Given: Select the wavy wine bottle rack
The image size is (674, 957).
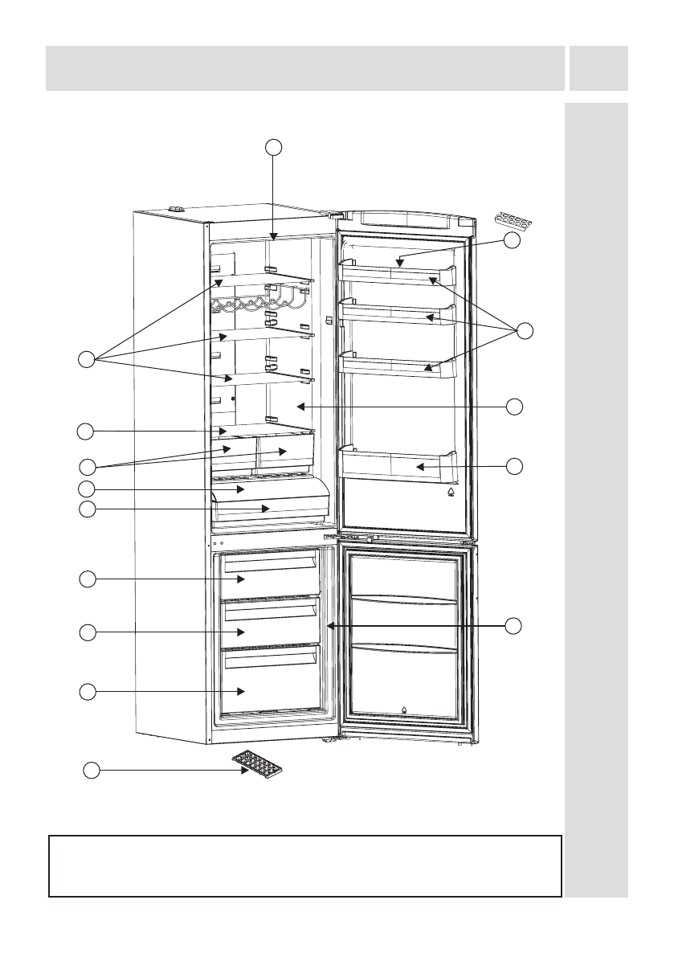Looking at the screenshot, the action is (257, 305).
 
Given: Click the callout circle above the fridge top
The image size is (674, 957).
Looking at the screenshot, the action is (274, 146).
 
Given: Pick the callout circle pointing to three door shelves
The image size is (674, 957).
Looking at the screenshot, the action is (525, 329).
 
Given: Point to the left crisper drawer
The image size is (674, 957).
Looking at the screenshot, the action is (234, 452).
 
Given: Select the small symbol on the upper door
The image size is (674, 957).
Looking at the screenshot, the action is (451, 493).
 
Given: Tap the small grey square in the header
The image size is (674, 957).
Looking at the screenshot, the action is (598, 68).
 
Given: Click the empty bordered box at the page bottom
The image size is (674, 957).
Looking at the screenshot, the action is (304, 865).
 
